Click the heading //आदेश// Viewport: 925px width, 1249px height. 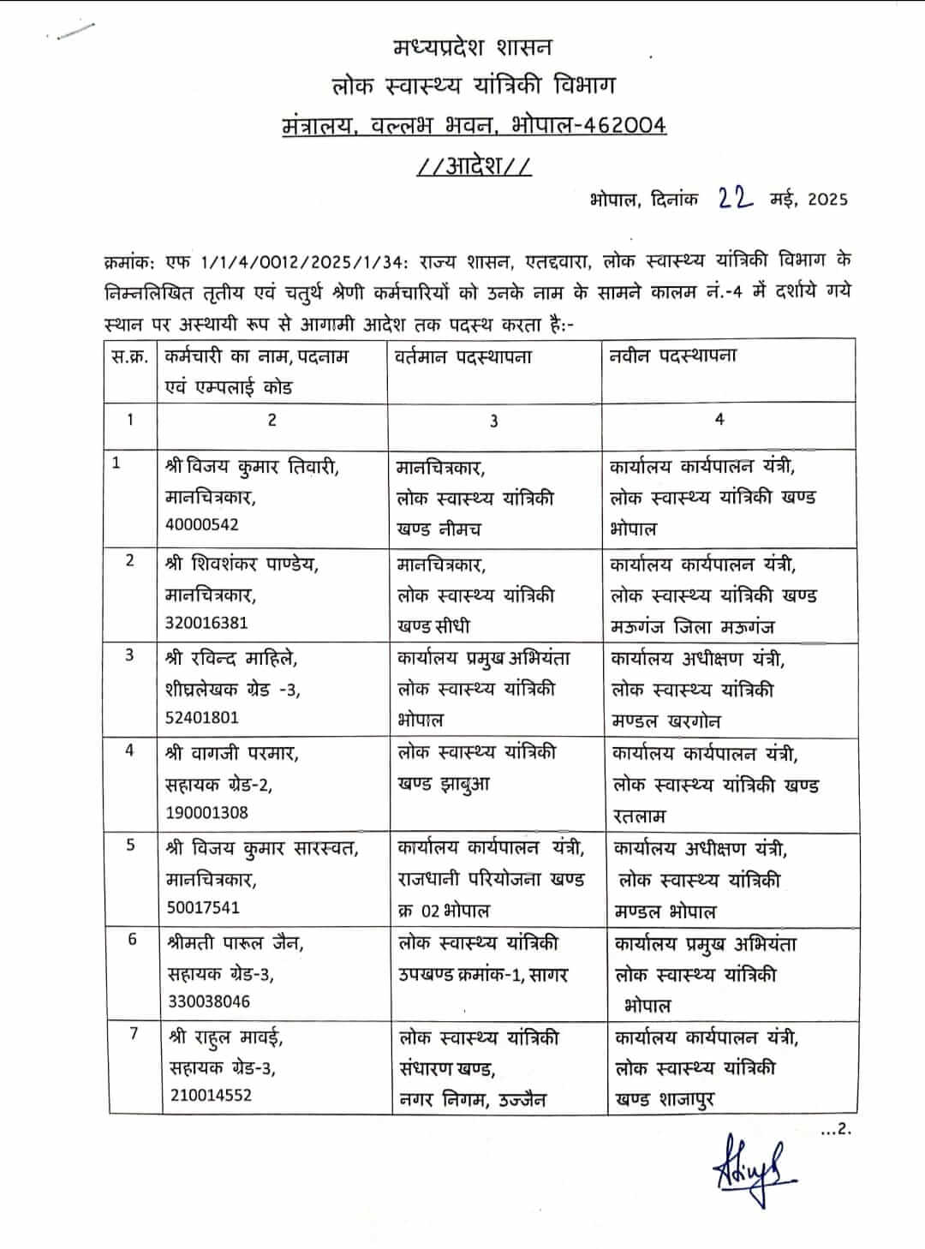(474, 164)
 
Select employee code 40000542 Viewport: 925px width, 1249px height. (202, 524)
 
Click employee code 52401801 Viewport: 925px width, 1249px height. (202, 717)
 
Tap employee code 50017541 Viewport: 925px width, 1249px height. (203, 907)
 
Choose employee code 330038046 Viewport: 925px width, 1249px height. (209, 1001)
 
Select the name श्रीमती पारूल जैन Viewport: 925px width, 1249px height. (236, 943)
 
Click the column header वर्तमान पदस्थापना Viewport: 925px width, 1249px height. (463, 356)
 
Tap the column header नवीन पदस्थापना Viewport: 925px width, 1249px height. (673, 356)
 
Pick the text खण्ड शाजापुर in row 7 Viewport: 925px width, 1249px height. (665, 1100)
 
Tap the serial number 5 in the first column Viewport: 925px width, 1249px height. (130, 846)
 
